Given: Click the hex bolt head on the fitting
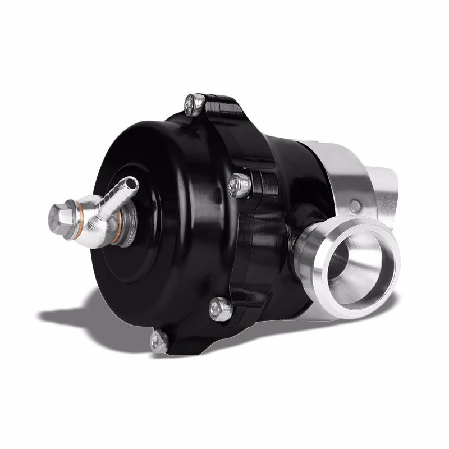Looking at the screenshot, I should tap(59, 214).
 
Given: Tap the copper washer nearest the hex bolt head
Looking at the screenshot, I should tap(80, 214).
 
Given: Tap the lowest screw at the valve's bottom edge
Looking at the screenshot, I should tap(159, 340).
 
